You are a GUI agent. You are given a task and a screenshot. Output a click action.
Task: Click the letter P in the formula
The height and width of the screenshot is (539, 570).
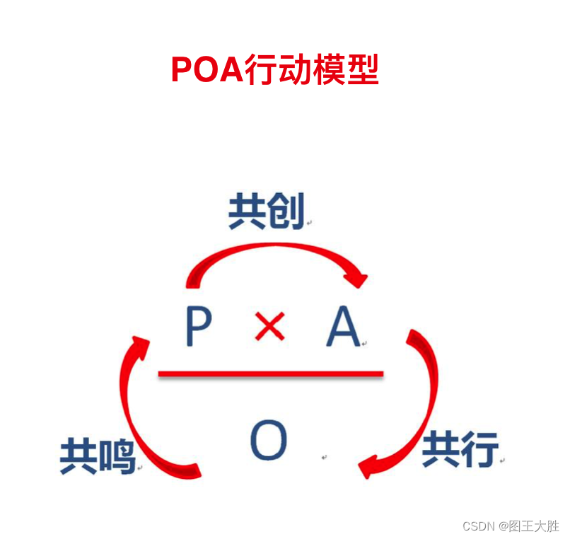tap(199, 328)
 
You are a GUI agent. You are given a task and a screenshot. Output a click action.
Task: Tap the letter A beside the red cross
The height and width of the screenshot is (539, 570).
tap(343, 328)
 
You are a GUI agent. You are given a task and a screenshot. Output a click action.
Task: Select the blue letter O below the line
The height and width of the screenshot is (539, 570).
tap(269, 440)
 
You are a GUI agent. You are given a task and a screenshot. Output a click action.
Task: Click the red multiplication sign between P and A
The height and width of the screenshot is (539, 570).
tap(269, 327)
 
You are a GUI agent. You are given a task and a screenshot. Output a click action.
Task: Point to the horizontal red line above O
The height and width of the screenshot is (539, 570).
tap(270, 373)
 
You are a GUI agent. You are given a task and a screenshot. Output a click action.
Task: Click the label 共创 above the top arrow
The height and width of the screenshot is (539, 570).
tap(267, 211)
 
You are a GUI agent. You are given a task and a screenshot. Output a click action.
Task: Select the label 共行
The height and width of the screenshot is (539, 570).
tap(460, 448)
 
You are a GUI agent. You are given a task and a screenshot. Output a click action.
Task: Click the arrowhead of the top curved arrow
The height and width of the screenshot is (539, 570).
tap(356, 278)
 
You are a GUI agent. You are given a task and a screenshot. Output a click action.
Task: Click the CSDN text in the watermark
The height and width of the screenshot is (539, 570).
tap(478, 526)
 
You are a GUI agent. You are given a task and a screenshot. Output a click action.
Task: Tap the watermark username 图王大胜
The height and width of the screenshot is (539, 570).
tap(534, 526)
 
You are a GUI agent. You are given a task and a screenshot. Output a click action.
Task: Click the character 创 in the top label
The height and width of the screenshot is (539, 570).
tap(286, 211)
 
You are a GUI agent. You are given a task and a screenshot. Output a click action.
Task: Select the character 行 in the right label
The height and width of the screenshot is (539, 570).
tap(479, 448)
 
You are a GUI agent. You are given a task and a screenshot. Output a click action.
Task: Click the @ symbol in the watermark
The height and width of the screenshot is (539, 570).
tap(503, 526)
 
